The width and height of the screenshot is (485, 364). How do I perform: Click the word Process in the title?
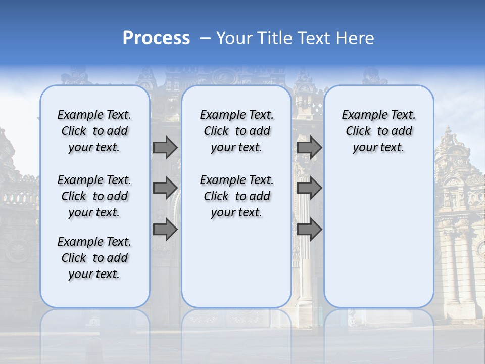tap(156, 38)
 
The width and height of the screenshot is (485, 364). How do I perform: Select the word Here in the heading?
tap(355, 38)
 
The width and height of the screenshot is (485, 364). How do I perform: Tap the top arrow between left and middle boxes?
tap(165, 147)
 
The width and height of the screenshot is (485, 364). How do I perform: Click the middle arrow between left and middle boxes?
tap(165, 188)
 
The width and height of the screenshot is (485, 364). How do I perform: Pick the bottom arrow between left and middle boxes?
tap(165, 229)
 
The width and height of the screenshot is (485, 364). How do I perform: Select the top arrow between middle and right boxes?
tap(309, 147)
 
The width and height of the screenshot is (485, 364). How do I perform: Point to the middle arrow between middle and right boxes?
tap(309, 188)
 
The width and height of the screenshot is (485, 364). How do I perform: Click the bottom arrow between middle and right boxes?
tap(309, 229)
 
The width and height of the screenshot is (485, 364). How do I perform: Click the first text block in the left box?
tap(94, 131)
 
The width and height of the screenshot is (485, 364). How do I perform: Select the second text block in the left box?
tap(94, 196)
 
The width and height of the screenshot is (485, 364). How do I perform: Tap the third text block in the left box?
tap(94, 258)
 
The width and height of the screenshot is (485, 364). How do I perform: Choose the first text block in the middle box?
tap(236, 131)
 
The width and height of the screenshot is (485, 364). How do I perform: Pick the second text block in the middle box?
tap(236, 196)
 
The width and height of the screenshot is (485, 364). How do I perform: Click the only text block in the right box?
tap(378, 131)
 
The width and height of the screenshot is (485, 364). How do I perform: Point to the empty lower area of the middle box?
tap(236, 263)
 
